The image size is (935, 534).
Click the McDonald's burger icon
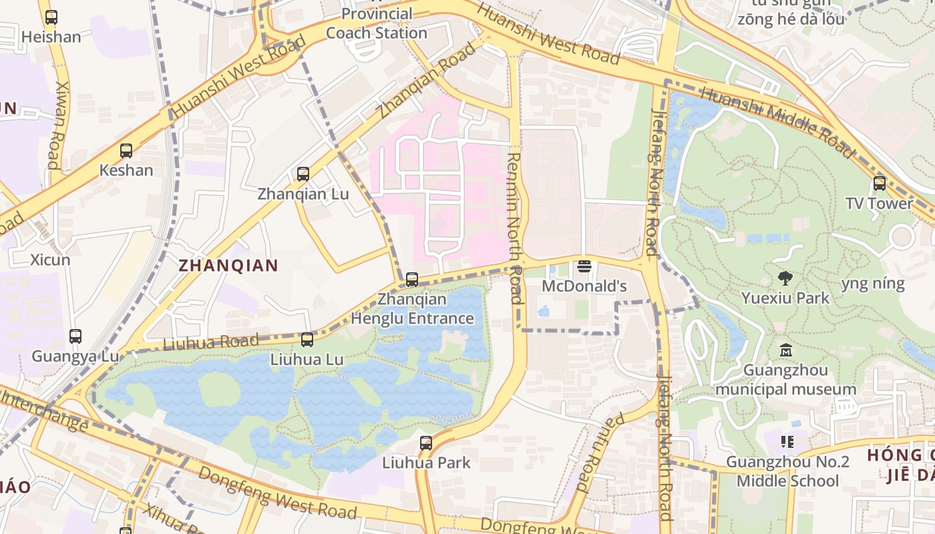click(x=584, y=267)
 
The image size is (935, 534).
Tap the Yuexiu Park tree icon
click(x=785, y=278)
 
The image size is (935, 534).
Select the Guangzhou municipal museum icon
click(x=785, y=350)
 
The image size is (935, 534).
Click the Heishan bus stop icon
click(x=51, y=17)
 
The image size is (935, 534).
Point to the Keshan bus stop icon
click(x=126, y=151)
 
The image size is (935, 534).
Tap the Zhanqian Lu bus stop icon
click(x=303, y=174)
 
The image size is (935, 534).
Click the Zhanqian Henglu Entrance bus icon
click(x=412, y=280)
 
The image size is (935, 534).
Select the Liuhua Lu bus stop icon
click(x=307, y=340)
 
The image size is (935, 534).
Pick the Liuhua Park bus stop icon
click(x=426, y=443)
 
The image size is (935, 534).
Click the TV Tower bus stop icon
click(x=880, y=184)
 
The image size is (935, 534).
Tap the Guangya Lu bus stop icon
click(x=75, y=336)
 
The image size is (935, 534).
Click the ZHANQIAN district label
click(x=228, y=266)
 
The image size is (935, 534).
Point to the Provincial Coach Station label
click(x=377, y=23)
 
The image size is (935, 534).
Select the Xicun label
click(x=50, y=260)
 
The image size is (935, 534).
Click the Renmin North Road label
click(x=514, y=227)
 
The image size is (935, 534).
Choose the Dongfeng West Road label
click(x=277, y=493)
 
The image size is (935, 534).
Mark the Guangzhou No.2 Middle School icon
click(x=787, y=442)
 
